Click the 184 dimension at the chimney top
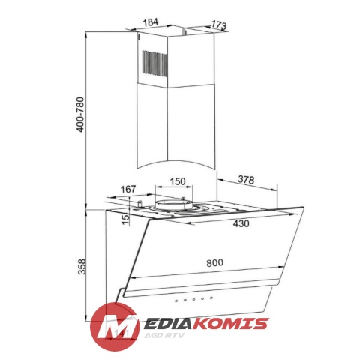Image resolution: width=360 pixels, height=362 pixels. coord(151,22)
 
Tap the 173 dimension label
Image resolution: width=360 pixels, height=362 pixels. coord(219,25)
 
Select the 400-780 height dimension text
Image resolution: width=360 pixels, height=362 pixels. coord(80,115)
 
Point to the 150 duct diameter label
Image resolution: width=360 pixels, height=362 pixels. coord(178,181)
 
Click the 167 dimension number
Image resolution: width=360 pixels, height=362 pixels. coord(128,189)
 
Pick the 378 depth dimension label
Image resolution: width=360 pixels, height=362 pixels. coord(246,180)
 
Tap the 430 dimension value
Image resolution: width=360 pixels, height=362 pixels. coord(241,223)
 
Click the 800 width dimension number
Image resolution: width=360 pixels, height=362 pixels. coord(214,262)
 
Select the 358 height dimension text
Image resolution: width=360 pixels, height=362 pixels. coord(82,267)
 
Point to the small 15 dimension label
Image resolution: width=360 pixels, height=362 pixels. coord(126,219)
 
